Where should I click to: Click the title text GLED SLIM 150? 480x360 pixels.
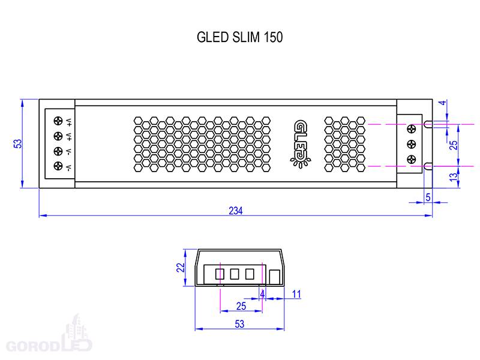click(x=239, y=37)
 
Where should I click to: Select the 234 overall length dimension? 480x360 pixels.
click(x=236, y=211)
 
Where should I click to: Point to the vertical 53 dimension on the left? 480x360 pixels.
click(x=18, y=144)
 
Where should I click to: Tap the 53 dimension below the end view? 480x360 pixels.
click(x=239, y=324)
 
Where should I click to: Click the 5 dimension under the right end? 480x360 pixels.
click(x=428, y=197)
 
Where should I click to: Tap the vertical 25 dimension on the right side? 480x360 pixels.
click(x=454, y=145)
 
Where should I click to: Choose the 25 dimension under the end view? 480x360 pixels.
click(x=241, y=306)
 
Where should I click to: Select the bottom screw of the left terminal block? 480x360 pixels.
click(x=58, y=166)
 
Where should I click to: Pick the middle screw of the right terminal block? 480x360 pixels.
click(x=412, y=144)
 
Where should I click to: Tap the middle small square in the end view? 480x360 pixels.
click(x=235, y=274)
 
